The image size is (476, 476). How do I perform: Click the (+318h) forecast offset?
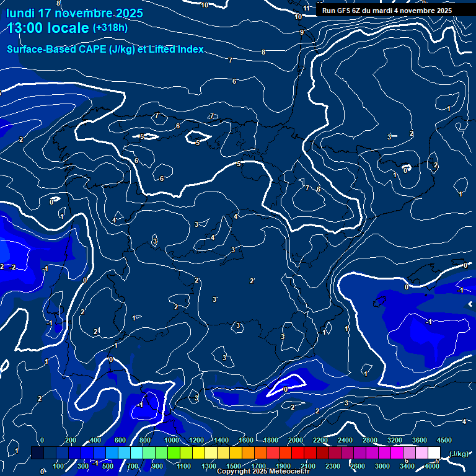[x=110, y=28]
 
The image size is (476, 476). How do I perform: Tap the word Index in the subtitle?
[x=189, y=50]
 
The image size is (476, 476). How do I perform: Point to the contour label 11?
[x=306, y=8]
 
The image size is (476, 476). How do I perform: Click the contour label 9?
[x=302, y=32]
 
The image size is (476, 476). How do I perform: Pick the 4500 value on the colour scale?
[x=444, y=440]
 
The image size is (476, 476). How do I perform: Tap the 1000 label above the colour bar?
[x=172, y=440]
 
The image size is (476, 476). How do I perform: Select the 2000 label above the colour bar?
[x=296, y=440]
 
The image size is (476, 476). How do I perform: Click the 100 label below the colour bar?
[x=58, y=466]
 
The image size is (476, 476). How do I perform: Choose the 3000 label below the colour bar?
[x=382, y=466]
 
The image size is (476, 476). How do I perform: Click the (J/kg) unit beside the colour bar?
[x=458, y=454]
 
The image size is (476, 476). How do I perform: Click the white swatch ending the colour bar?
[x=434, y=454]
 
